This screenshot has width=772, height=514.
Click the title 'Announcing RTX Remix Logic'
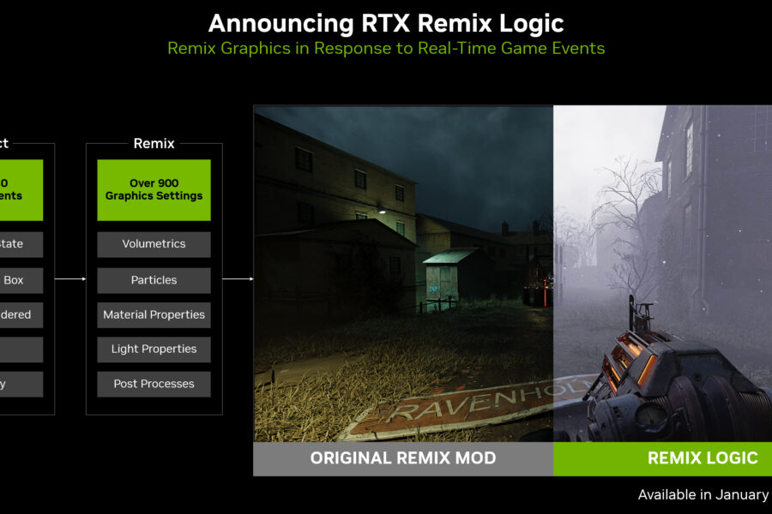(386, 22)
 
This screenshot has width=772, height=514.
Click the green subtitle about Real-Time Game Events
(386, 48)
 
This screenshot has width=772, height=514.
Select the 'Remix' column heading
(154, 144)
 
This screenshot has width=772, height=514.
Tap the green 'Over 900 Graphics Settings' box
(154, 189)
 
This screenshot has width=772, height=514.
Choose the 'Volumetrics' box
(154, 244)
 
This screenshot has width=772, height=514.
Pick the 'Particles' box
(154, 280)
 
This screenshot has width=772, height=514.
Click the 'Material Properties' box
(154, 314)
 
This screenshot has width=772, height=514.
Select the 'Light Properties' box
(154, 350)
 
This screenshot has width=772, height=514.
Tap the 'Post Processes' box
(154, 384)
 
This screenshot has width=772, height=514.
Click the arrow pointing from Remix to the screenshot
(238, 278)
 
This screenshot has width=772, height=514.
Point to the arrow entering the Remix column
(70, 278)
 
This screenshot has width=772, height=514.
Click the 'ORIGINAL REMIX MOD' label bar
(403, 458)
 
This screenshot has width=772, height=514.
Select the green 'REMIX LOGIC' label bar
(662, 458)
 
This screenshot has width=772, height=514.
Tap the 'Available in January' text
(703, 494)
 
